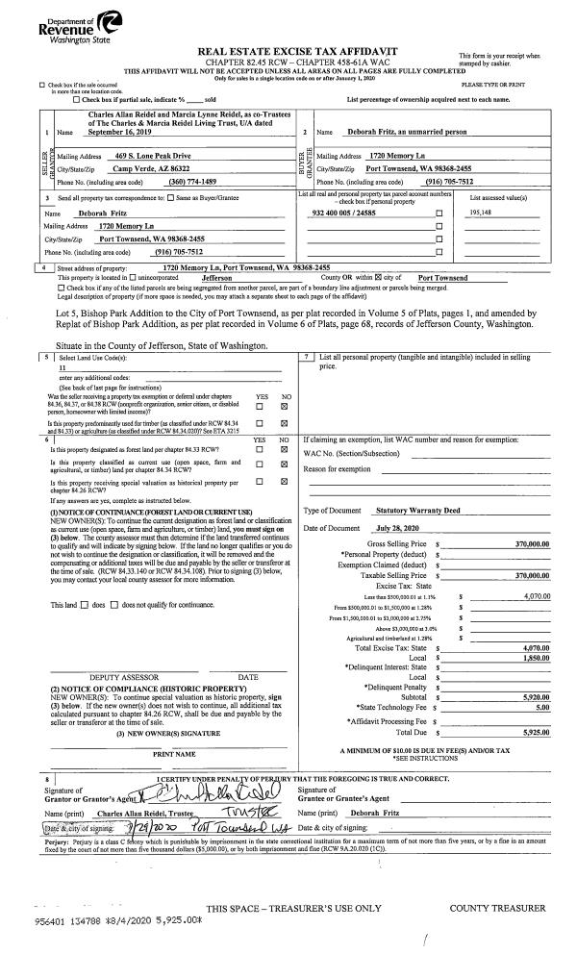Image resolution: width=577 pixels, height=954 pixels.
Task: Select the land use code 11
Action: click(x=63, y=367)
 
